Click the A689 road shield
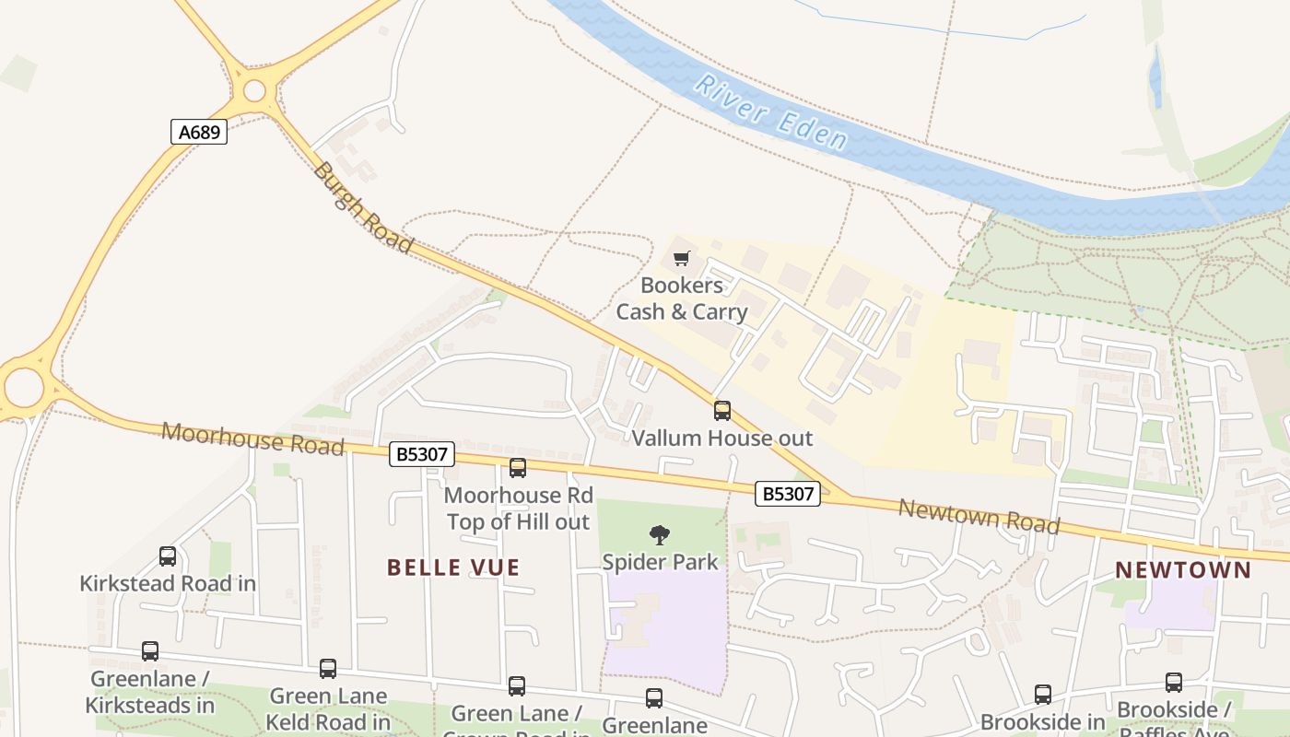click(199, 132)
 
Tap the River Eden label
click(770, 113)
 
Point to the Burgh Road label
click(361, 207)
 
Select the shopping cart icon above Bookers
click(681, 258)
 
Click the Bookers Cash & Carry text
click(681, 298)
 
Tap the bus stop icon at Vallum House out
click(722, 411)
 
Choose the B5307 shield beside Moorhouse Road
click(421, 453)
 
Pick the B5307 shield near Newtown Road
click(787, 494)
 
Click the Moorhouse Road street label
click(252, 439)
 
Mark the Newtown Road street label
click(979, 516)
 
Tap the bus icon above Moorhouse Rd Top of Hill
click(518, 468)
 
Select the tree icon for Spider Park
click(659, 534)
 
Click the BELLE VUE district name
click(453, 567)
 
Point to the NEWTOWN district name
click(1183, 570)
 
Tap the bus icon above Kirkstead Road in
click(168, 556)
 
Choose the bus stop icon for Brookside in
click(1042, 695)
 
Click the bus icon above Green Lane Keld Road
click(328, 669)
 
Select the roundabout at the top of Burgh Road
click(254, 90)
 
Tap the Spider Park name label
click(660, 561)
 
